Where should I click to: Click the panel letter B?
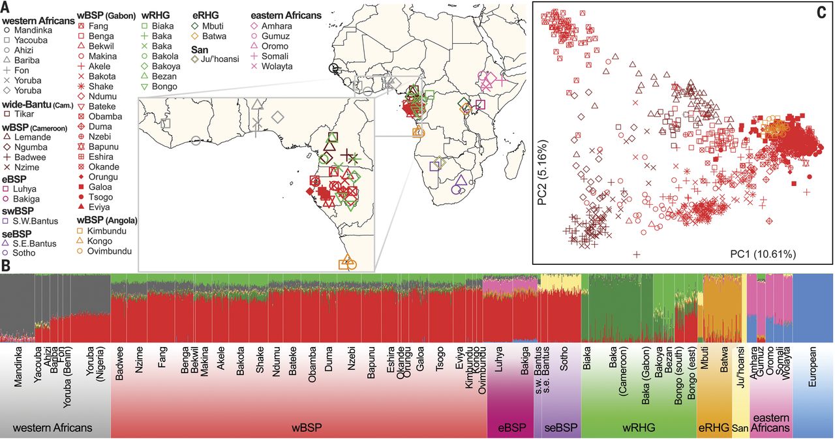click(5, 266)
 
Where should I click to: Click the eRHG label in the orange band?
click(713, 428)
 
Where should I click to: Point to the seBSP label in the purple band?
click(560, 428)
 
